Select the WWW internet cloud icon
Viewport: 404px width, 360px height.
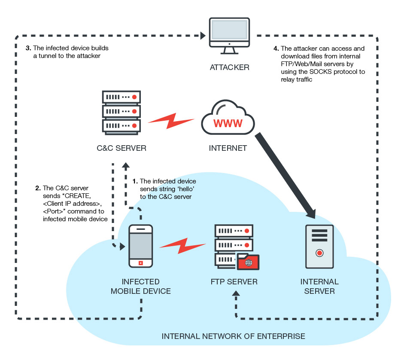[x=228, y=122]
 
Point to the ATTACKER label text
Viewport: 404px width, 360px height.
[x=229, y=68]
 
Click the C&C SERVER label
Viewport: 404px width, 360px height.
[x=121, y=149]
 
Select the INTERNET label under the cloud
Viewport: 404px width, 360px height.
[x=228, y=149]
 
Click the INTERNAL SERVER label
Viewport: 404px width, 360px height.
[x=319, y=287]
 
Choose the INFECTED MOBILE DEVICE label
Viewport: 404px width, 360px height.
[x=141, y=287]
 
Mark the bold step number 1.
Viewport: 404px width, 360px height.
[x=136, y=181]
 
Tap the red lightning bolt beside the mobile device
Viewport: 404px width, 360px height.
[x=182, y=245]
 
